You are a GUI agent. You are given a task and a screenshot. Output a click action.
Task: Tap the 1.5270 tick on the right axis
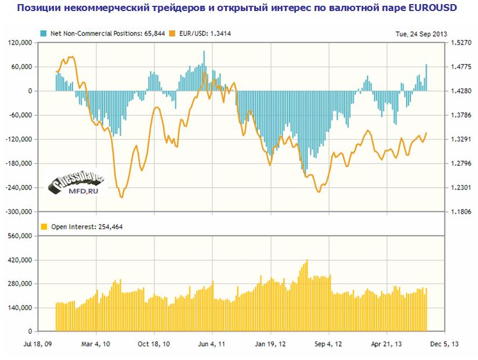point(458,43)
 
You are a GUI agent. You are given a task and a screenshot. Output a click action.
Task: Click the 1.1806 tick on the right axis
point(458,212)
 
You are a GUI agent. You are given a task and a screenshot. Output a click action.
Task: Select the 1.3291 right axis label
point(458,140)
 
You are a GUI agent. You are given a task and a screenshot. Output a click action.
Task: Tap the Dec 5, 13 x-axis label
point(446,344)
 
